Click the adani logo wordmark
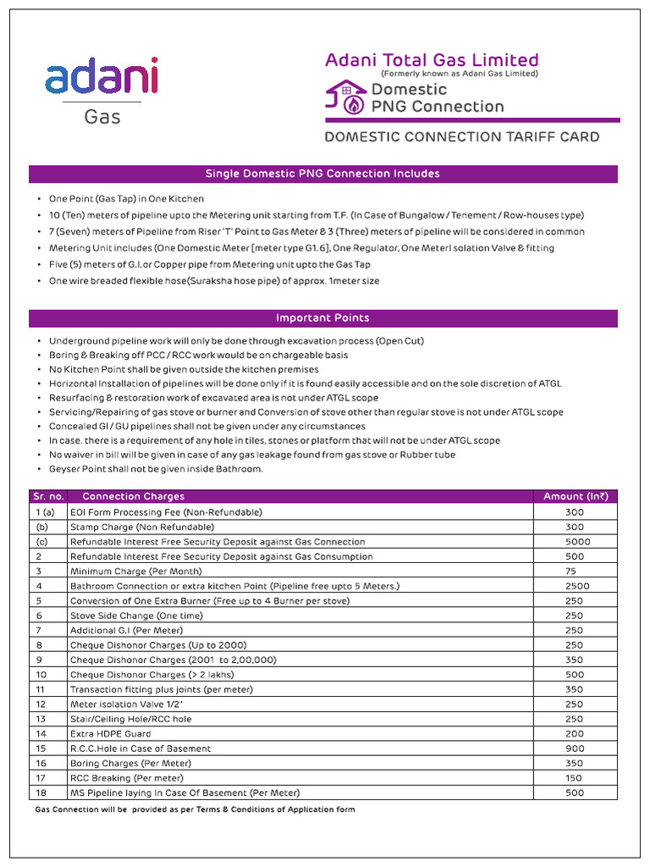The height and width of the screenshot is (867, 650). coord(102,76)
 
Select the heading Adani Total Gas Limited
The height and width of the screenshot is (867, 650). coord(432,60)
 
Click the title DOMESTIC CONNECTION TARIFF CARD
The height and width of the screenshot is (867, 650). coord(462,137)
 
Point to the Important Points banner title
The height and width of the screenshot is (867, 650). coord(322,318)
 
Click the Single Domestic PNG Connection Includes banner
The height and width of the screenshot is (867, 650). coord(322,174)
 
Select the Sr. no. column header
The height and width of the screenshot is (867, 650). coord(47,496)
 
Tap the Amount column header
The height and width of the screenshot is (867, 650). coord(576,496)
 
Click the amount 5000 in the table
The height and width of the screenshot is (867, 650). coord(577,542)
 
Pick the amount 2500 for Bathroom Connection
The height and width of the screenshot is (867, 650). coord(577,586)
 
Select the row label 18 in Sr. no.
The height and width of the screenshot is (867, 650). coord(41,792)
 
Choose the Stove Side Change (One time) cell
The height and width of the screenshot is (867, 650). coord(136,616)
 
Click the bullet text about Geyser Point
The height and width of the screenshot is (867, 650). coord(156,469)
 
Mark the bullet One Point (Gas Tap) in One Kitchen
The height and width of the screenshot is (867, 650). coord(126,199)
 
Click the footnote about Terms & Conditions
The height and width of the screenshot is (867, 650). coord(196,809)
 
